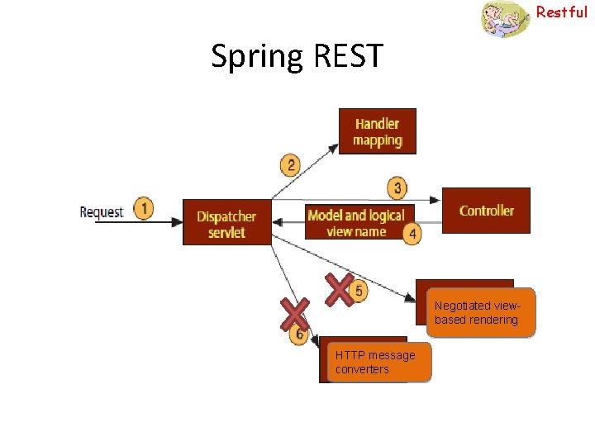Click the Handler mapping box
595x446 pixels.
377,131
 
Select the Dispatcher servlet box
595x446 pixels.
226,223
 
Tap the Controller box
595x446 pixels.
486,211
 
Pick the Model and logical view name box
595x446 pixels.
356,222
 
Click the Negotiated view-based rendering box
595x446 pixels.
481,313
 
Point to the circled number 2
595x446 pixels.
290,165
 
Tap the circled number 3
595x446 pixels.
397,188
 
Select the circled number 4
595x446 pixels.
412,234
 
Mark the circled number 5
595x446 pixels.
358,291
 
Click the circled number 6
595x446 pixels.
299,335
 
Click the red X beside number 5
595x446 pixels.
339,289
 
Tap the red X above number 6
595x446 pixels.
294,314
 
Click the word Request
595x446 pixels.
101,212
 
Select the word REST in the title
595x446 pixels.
349,56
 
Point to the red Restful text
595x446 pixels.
562,12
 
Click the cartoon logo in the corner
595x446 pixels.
505,19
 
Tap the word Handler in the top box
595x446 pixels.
377,124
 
